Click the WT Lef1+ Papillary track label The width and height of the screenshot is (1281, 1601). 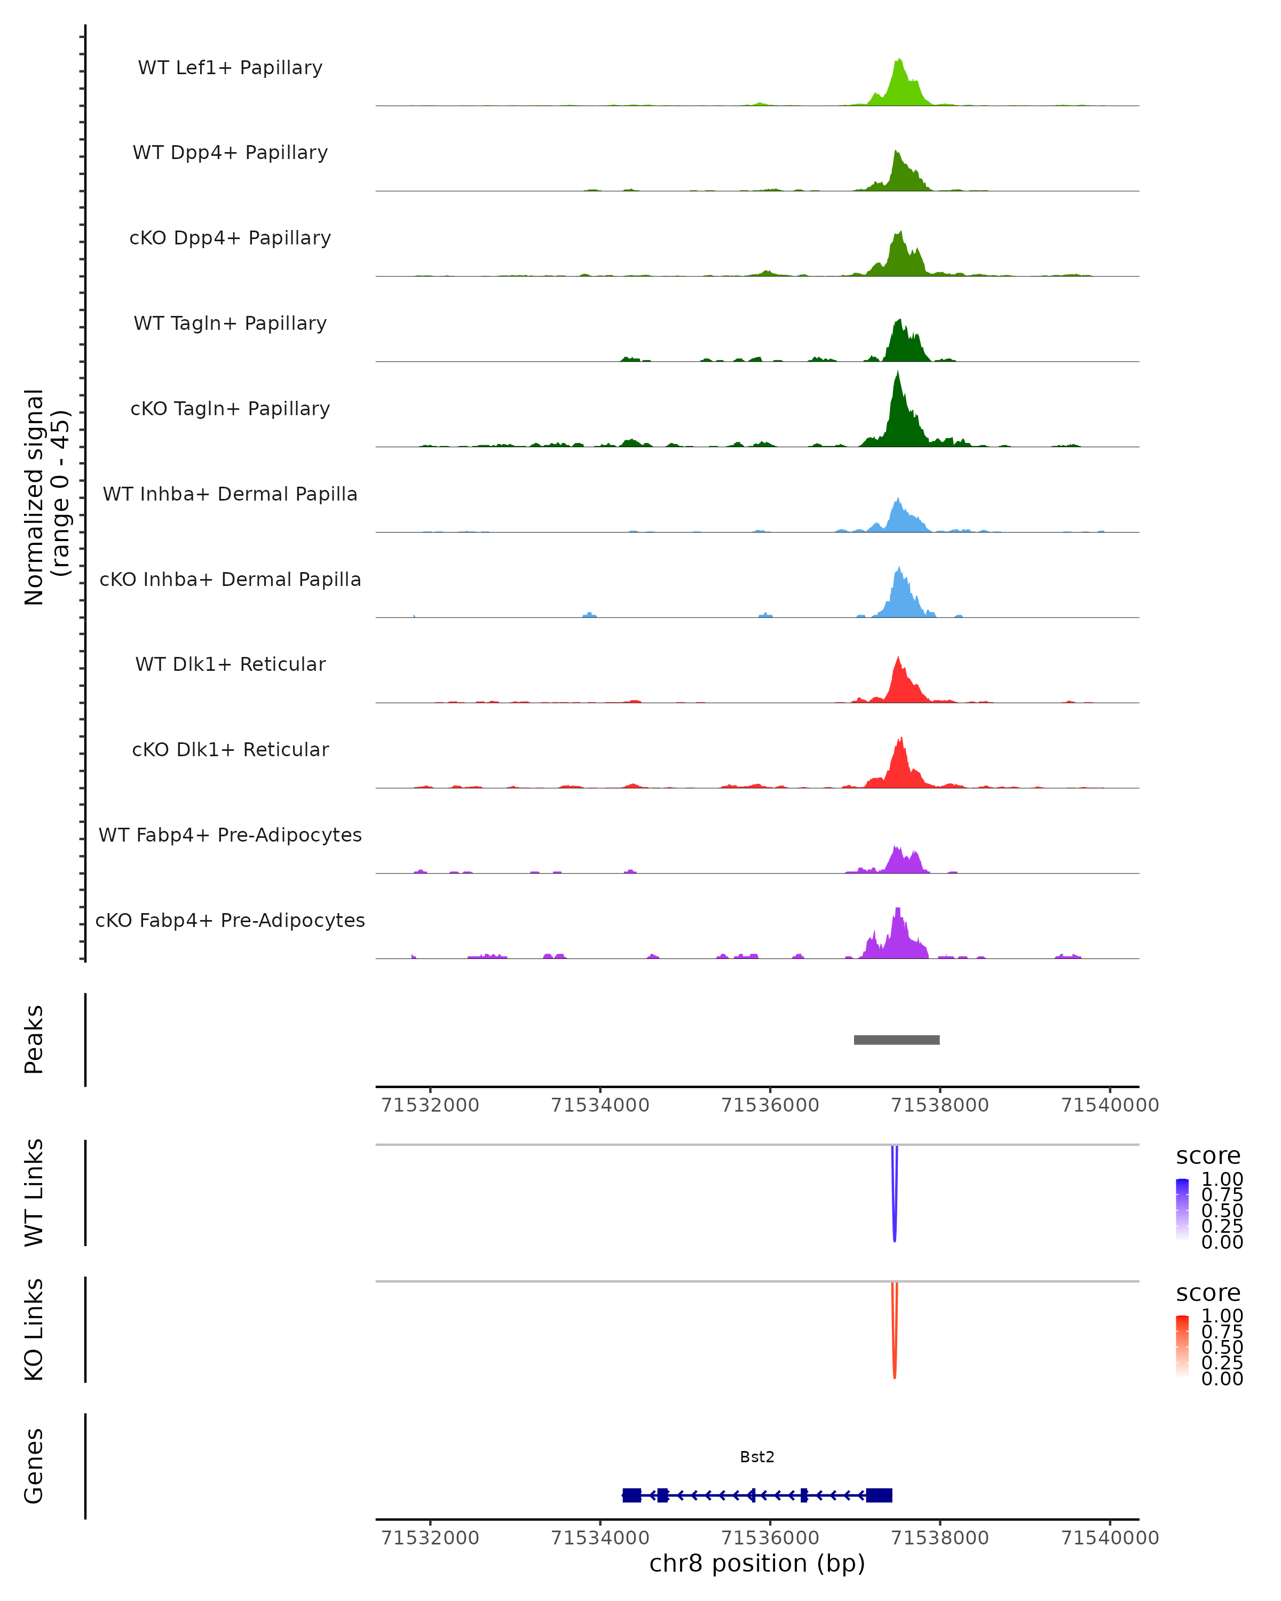coord(230,68)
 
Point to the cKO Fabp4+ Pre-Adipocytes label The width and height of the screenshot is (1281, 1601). coord(230,920)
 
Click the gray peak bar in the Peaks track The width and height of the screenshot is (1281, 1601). coord(896,1040)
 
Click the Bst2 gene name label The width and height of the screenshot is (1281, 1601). coord(757,1457)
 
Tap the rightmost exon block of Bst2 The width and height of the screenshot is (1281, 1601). coord(879,1495)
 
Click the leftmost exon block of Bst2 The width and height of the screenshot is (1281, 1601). coord(631,1495)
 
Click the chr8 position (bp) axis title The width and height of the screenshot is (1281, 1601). coord(757,1564)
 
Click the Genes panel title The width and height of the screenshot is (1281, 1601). coord(34,1467)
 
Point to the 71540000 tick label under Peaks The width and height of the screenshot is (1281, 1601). coord(1110,1105)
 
